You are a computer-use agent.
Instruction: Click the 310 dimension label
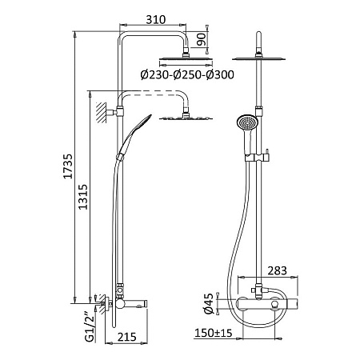[x=156, y=19]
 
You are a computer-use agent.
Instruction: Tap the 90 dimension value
[x=202, y=39]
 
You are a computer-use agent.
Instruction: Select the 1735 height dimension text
[x=67, y=166]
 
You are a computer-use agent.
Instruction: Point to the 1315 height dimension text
[x=82, y=197]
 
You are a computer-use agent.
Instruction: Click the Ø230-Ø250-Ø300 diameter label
[x=187, y=74]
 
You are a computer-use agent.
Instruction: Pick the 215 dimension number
[x=127, y=337]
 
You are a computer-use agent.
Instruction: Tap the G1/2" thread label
[x=90, y=326]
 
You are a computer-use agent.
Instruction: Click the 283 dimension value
[x=277, y=270]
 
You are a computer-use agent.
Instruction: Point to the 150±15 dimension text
[x=214, y=333]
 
